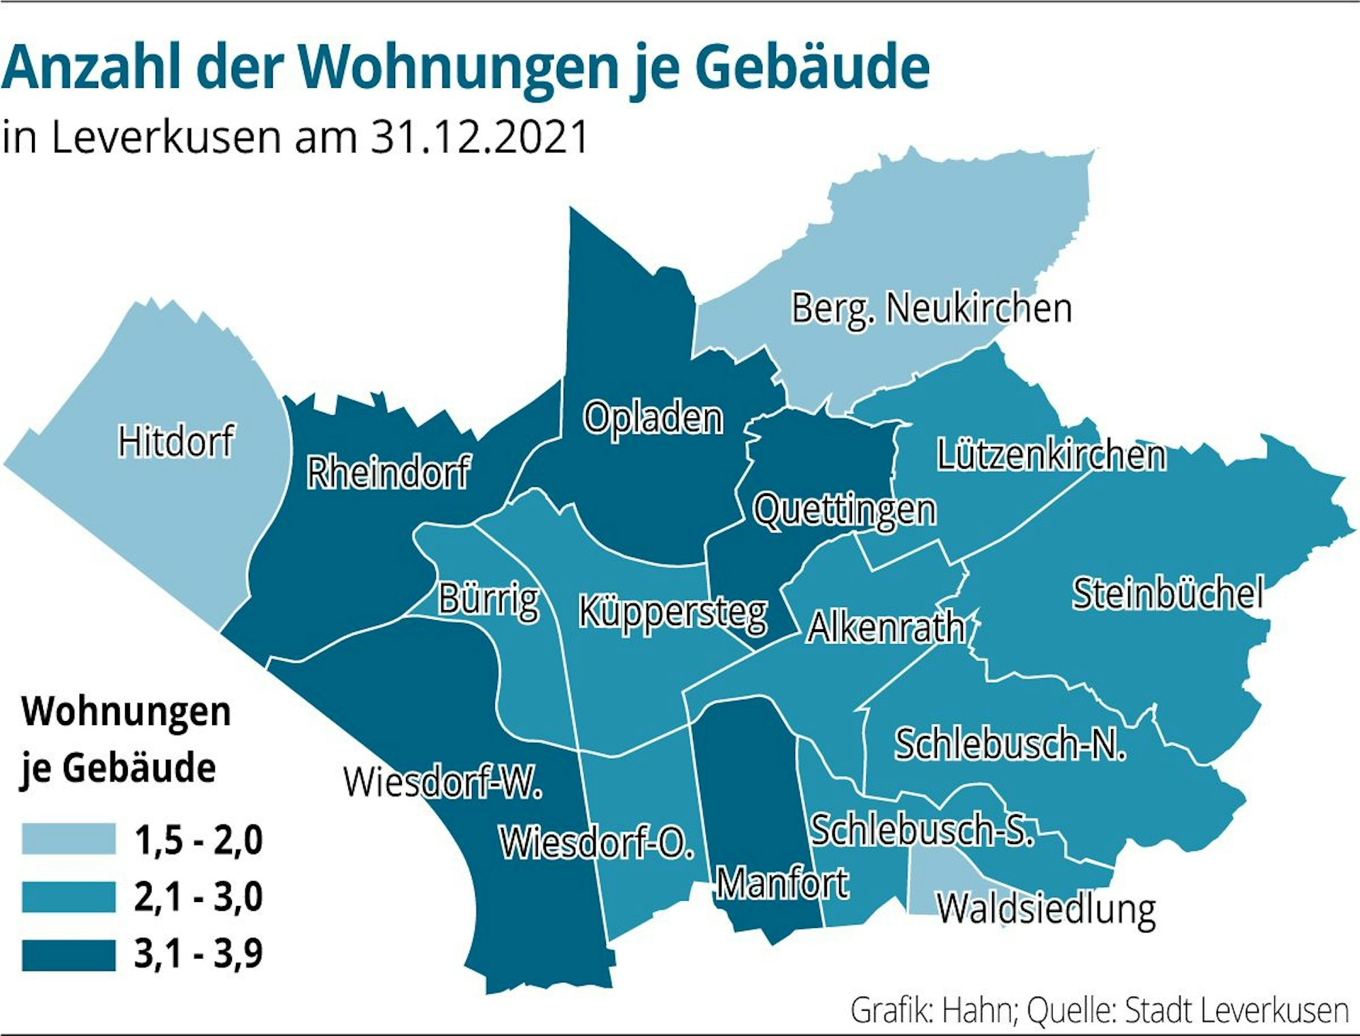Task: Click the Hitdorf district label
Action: coord(176,441)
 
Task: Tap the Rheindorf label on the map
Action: coord(388,473)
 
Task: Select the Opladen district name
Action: coord(653,418)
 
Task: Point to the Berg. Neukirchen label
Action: coord(932,309)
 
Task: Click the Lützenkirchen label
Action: coord(1051,455)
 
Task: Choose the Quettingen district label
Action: coord(845,510)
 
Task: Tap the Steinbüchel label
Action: coord(1168,593)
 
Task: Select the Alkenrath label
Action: coord(886,628)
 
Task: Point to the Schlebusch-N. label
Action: coord(1010,744)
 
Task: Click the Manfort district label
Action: coord(783,884)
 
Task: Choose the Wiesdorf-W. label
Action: coord(443,782)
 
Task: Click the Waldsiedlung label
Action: coord(1047,909)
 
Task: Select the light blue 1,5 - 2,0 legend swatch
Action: coord(69,839)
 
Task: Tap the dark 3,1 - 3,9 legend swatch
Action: coord(69,954)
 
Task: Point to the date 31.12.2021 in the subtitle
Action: coord(479,137)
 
